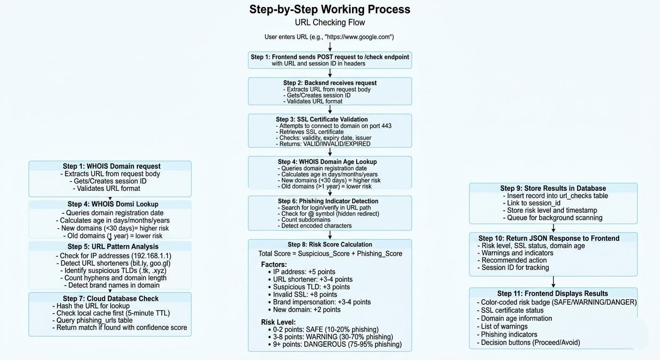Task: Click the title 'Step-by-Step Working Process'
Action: click(x=330, y=9)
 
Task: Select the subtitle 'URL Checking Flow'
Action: click(x=330, y=22)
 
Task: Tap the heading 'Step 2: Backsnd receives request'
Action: click(x=330, y=83)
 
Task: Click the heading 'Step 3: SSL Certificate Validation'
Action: click(x=322, y=119)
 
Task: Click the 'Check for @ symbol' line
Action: click(x=330, y=213)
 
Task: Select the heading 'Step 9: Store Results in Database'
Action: click(x=553, y=188)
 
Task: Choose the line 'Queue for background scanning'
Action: click(x=555, y=217)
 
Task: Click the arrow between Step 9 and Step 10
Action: click(x=553, y=228)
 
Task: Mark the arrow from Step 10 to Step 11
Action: click(x=553, y=282)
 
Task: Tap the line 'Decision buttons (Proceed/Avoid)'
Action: click(x=530, y=342)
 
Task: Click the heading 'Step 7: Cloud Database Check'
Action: click(x=111, y=299)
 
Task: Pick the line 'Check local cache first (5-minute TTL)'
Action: click(x=113, y=313)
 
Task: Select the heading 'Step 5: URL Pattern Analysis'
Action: click(x=113, y=247)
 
